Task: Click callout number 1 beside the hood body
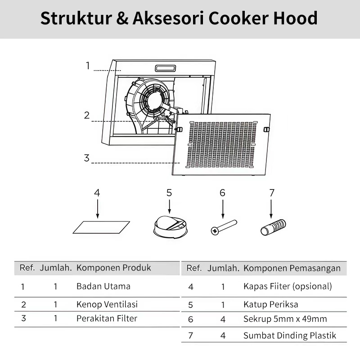click(x=88, y=66)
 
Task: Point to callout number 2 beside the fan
click(x=87, y=115)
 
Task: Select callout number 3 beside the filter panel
click(x=87, y=158)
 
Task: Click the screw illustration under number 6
click(x=224, y=227)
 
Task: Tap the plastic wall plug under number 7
click(x=273, y=226)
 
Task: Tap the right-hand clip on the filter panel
click(x=266, y=130)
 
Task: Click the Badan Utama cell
click(x=103, y=286)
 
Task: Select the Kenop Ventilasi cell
click(x=107, y=304)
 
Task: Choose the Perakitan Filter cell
click(x=107, y=319)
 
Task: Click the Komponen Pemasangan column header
click(x=292, y=268)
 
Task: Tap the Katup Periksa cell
click(x=271, y=305)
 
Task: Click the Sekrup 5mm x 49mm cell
click(x=285, y=319)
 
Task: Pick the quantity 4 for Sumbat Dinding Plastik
click(x=223, y=336)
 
